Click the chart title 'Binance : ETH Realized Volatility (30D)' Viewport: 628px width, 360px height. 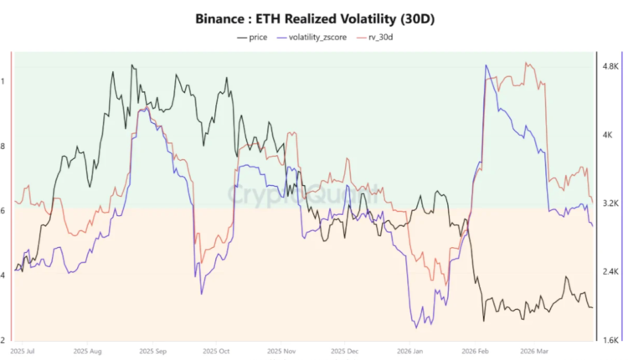click(314, 16)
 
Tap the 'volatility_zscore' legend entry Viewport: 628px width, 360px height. click(318, 37)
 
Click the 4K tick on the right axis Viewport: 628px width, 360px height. click(608, 134)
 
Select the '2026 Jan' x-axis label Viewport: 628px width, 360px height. click(409, 352)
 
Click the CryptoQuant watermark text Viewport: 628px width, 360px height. click(303, 196)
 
